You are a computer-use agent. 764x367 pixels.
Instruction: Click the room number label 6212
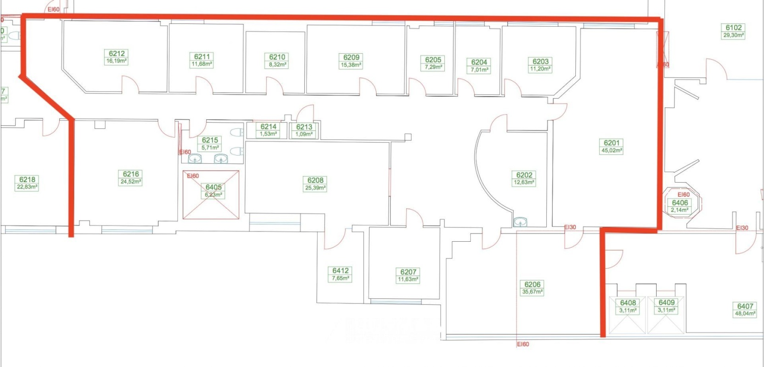[117, 54]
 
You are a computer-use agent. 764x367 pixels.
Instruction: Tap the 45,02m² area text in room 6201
[612, 150]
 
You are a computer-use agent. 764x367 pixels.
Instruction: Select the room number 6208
[315, 181]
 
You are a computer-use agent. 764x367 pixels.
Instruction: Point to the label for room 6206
[532, 284]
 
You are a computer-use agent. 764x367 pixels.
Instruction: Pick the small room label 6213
[304, 127]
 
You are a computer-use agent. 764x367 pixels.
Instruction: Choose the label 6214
[268, 127]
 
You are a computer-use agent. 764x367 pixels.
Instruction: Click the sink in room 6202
[520, 222]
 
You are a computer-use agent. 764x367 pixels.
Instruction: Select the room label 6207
[408, 272]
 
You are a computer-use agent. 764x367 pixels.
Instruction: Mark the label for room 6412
[340, 271]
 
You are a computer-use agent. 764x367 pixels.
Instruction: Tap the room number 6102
[733, 28]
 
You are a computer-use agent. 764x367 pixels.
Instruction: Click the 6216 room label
[131, 174]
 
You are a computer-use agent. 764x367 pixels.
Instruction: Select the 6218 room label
[27, 179]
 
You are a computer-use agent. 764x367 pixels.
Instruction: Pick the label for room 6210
[277, 57]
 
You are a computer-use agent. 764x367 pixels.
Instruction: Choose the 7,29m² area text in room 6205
[433, 67]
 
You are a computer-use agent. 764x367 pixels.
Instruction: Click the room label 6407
[745, 306]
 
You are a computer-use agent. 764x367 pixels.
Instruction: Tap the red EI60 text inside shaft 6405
[193, 176]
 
